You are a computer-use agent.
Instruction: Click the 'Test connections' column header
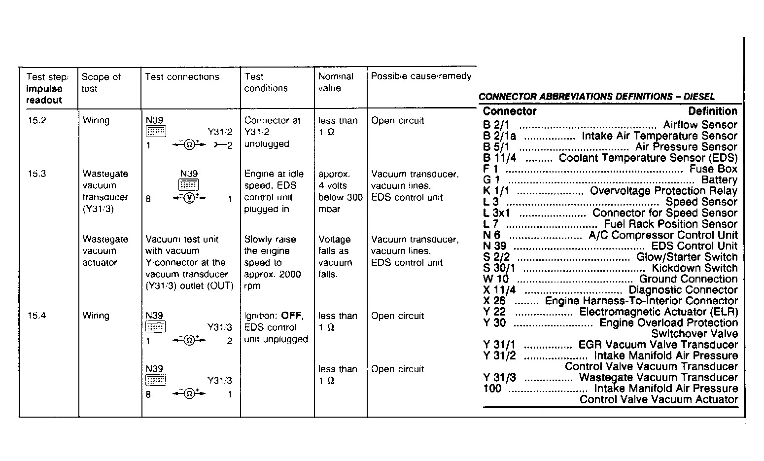pyautogui.click(x=182, y=77)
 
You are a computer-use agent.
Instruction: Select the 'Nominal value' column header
pyautogui.click(x=335, y=82)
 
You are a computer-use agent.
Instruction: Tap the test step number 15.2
pyautogui.click(x=36, y=121)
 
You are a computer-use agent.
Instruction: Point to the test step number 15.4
pyautogui.click(x=36, y=316)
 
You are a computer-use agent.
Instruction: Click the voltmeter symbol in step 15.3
pyautogui.click(x=188, y=199)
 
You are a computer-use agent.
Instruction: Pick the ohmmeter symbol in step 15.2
pyautogui.click(x=188, y=145)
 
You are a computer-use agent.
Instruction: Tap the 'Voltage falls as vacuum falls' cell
pyautogui.click(x=335, y=257)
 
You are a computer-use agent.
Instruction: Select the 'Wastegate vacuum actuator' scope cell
pyautogui.click(x=105, y=251)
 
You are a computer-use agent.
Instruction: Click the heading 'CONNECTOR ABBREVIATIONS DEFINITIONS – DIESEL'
pyautogui.click(x=596, y=97)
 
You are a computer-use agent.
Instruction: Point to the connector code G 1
pyautogui.click(x=491, y=180)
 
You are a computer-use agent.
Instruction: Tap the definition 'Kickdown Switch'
pyautogui.click(x=695, y=268)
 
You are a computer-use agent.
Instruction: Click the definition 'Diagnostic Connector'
pyautogui.click(x=683, y=290)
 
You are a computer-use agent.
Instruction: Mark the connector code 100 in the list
pyautogui.click(x=492, y=389)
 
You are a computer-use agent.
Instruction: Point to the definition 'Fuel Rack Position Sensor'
pyautogui.click(x=670, y=224)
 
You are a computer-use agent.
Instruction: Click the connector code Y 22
pyautogui.click(x=494, y=312)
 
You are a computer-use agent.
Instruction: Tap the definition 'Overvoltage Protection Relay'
pyautogui.click(x=663, y=191)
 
